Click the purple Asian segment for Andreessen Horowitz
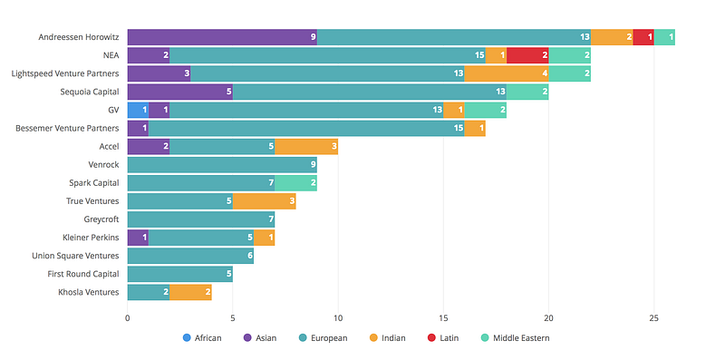(x=222, y=37)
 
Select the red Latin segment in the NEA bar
(x=527, y=55)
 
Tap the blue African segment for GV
(x=139, y=110)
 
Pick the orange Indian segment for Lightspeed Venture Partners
(x=507, y=73)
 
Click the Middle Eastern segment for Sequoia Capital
(x=527, y=92)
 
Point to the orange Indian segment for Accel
(x=306, y=147)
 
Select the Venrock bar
(x=222, y=165)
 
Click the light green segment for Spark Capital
(x=296, y=183)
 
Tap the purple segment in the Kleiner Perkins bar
(x=139, y=238)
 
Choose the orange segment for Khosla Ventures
(x=191, y=292)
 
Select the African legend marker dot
(x=187, y=338)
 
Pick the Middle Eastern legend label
(x=522, y=338)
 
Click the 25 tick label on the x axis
(x=653, y=318)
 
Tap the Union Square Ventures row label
(x=75, y=256)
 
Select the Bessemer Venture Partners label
(x=67, y=128)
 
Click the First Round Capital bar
(x=180, y=274)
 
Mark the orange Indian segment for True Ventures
(x=265, y=201)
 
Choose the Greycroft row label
(x=101, y=219)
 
